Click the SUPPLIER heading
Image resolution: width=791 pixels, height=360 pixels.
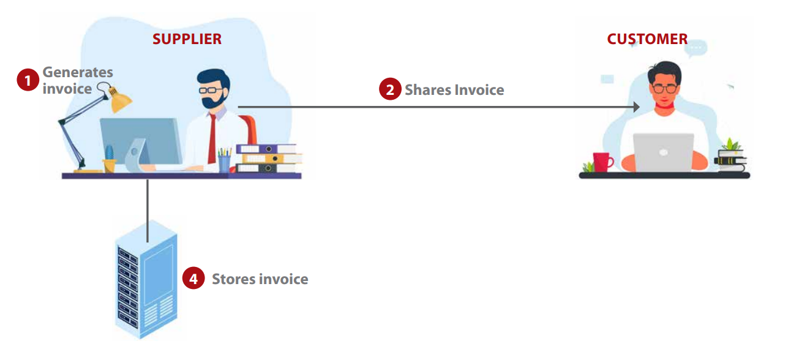(187, 39)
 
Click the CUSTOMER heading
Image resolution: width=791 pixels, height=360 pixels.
(647, 39)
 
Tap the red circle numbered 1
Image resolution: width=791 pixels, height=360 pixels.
(28, 80)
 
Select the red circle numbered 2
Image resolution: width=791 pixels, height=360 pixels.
(390, 89)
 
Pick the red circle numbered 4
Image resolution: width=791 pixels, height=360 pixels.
(193, 279)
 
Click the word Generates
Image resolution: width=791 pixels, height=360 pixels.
(78, 72)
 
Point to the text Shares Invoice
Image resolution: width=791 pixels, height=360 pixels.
(454, 90)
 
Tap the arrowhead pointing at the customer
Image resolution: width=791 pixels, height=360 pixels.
(636, 107)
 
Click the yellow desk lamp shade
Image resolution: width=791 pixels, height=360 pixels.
(120, 100)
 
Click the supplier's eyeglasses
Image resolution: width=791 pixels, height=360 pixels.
(211, 90)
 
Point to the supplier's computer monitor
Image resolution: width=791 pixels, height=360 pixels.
(141, 141)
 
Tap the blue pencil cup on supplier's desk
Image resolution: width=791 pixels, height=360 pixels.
(224, 163)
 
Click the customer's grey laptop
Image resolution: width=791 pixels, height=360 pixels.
(664, 152)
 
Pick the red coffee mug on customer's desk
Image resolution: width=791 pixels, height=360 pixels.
(602, 162)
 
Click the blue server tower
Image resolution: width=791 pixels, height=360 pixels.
(146, 279)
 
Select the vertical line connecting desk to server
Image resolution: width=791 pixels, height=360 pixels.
(148, 211)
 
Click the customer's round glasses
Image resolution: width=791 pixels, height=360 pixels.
(665, 88)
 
